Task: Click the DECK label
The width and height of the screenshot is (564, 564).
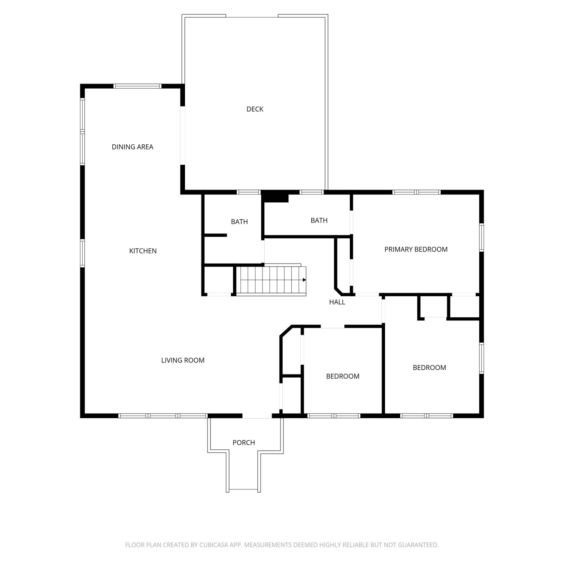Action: (x=255, y=109)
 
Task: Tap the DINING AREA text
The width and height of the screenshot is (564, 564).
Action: (x=132, y=147)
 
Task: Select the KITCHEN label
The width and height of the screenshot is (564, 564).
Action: (x=143, y=251)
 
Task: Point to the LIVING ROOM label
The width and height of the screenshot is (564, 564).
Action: (x=183, y=360)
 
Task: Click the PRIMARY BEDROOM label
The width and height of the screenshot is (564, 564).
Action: (x=416, y=249)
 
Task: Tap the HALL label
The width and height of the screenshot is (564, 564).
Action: (x=337, y=302)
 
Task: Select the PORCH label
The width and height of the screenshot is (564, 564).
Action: (x=244, y=443)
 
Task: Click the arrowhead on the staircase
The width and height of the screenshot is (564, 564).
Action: (x=304, y=280)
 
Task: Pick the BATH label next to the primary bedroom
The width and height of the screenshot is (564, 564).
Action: (x=319, y=220)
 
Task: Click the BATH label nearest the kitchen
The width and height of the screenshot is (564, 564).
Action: (x=239, y=222)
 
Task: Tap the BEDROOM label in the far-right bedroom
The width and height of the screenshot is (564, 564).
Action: (x=429, y=368)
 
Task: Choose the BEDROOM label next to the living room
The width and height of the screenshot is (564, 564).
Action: (x=343, y=376)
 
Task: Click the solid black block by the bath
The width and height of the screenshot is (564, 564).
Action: (x=275, y=196)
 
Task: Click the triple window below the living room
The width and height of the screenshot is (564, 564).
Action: (x=163, y=415)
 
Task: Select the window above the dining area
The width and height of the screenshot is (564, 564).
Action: (x=138, y=86)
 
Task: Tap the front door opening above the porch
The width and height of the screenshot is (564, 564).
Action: (x=257, y=415)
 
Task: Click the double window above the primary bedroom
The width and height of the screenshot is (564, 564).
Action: (x=416, y=192)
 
